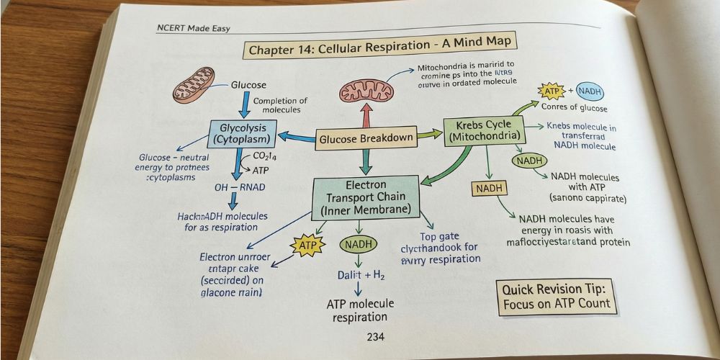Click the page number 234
(x=375, y=337)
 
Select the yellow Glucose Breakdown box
(x=366, y=138)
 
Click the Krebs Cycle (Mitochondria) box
(x=485, y=131)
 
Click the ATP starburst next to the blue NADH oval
(x=551, y=92)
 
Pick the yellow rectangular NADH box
(x=490, y=189)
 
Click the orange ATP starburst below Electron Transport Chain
(x=303, y=246)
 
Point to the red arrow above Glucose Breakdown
(x=366, y=114)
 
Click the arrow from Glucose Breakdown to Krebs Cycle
(x=430, y=134)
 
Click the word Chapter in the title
(x=272, y=50)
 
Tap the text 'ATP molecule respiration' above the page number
(x=360, y=310)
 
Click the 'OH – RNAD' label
(x=239, y=187)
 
